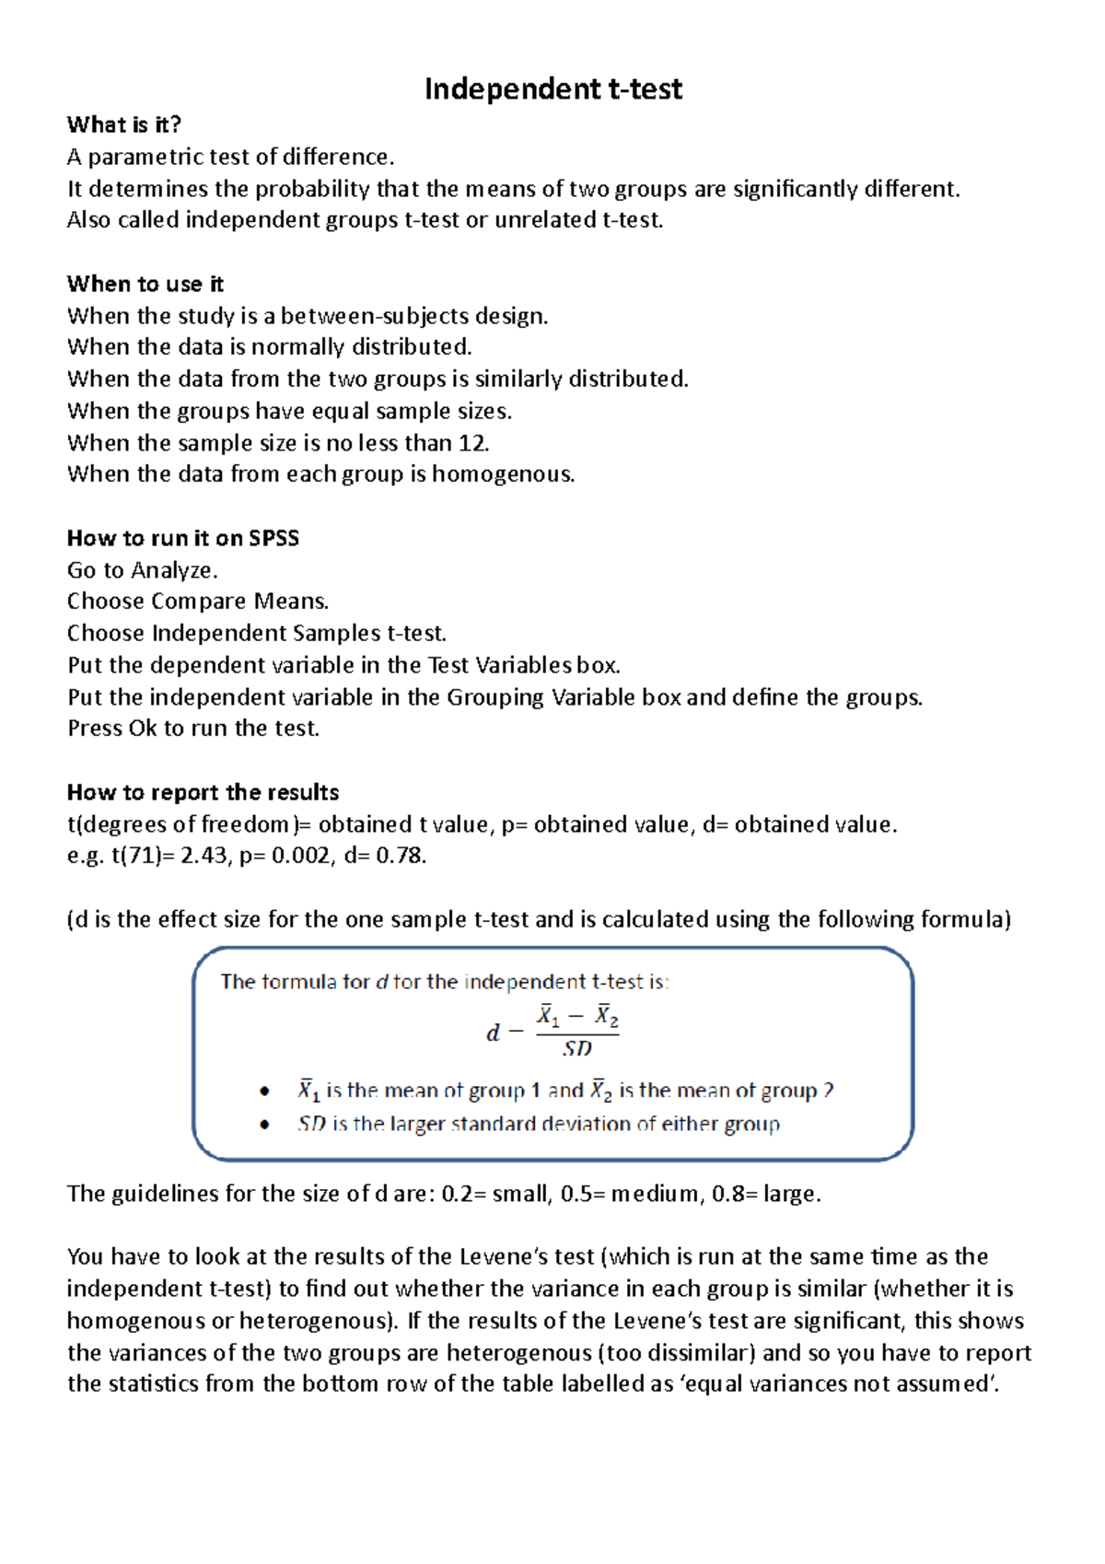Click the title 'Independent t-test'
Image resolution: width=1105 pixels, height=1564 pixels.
[x=552, y=89]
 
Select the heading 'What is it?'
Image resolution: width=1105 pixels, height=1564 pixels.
[x=124, y=124]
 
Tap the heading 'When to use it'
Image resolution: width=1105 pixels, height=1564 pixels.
[x=145, y=284]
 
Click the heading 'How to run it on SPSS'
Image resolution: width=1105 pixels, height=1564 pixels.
[x=183, y=538]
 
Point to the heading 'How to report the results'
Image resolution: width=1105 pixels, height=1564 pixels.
[x=203, y=792]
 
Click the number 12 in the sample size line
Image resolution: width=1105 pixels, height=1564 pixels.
[x=471, y=443]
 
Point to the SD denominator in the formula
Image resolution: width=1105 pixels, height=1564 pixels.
[x=577, y=1048]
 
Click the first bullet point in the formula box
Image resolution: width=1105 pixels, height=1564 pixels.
[x=265, y=1091]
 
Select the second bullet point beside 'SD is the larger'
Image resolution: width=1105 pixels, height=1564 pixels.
[x=265, y=1125]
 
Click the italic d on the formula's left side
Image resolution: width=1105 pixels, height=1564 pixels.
[x=493, y=1033]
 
